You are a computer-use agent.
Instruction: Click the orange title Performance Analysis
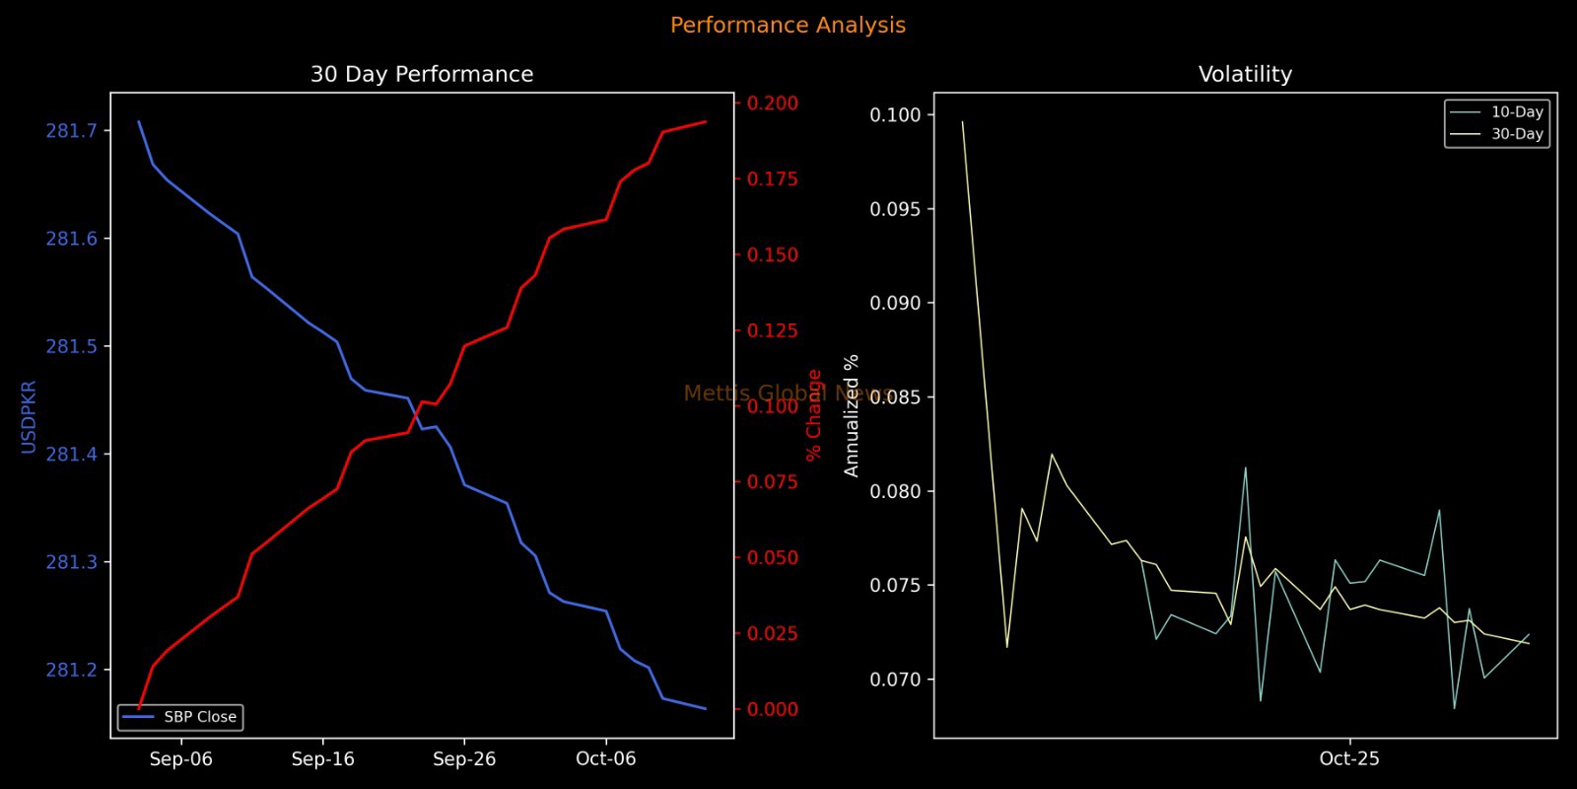click(788, 26)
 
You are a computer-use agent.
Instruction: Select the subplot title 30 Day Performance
click(422, 75)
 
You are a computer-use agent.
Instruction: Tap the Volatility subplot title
click(1245, 75)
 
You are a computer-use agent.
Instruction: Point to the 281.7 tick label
click(72, 131)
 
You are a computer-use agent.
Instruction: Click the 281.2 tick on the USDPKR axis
click(72, 671)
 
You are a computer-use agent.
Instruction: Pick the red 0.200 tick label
click(773, 104)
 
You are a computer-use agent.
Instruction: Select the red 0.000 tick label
click(773, 709)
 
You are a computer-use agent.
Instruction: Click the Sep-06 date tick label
click(181, 759)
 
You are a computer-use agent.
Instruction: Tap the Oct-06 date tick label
click(606, 759)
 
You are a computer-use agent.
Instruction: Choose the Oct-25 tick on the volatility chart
click(1349, 759)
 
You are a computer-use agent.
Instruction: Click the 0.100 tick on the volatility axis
click(895, 115)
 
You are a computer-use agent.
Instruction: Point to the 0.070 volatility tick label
click(895, 680)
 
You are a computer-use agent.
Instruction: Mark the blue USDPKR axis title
click(29, 416)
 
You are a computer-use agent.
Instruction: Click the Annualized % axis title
click(852, 415)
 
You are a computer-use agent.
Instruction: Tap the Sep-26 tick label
click(464, 759)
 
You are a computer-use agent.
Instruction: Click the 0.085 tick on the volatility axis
click(895, 397)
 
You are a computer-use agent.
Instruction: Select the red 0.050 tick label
click(773, 558)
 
